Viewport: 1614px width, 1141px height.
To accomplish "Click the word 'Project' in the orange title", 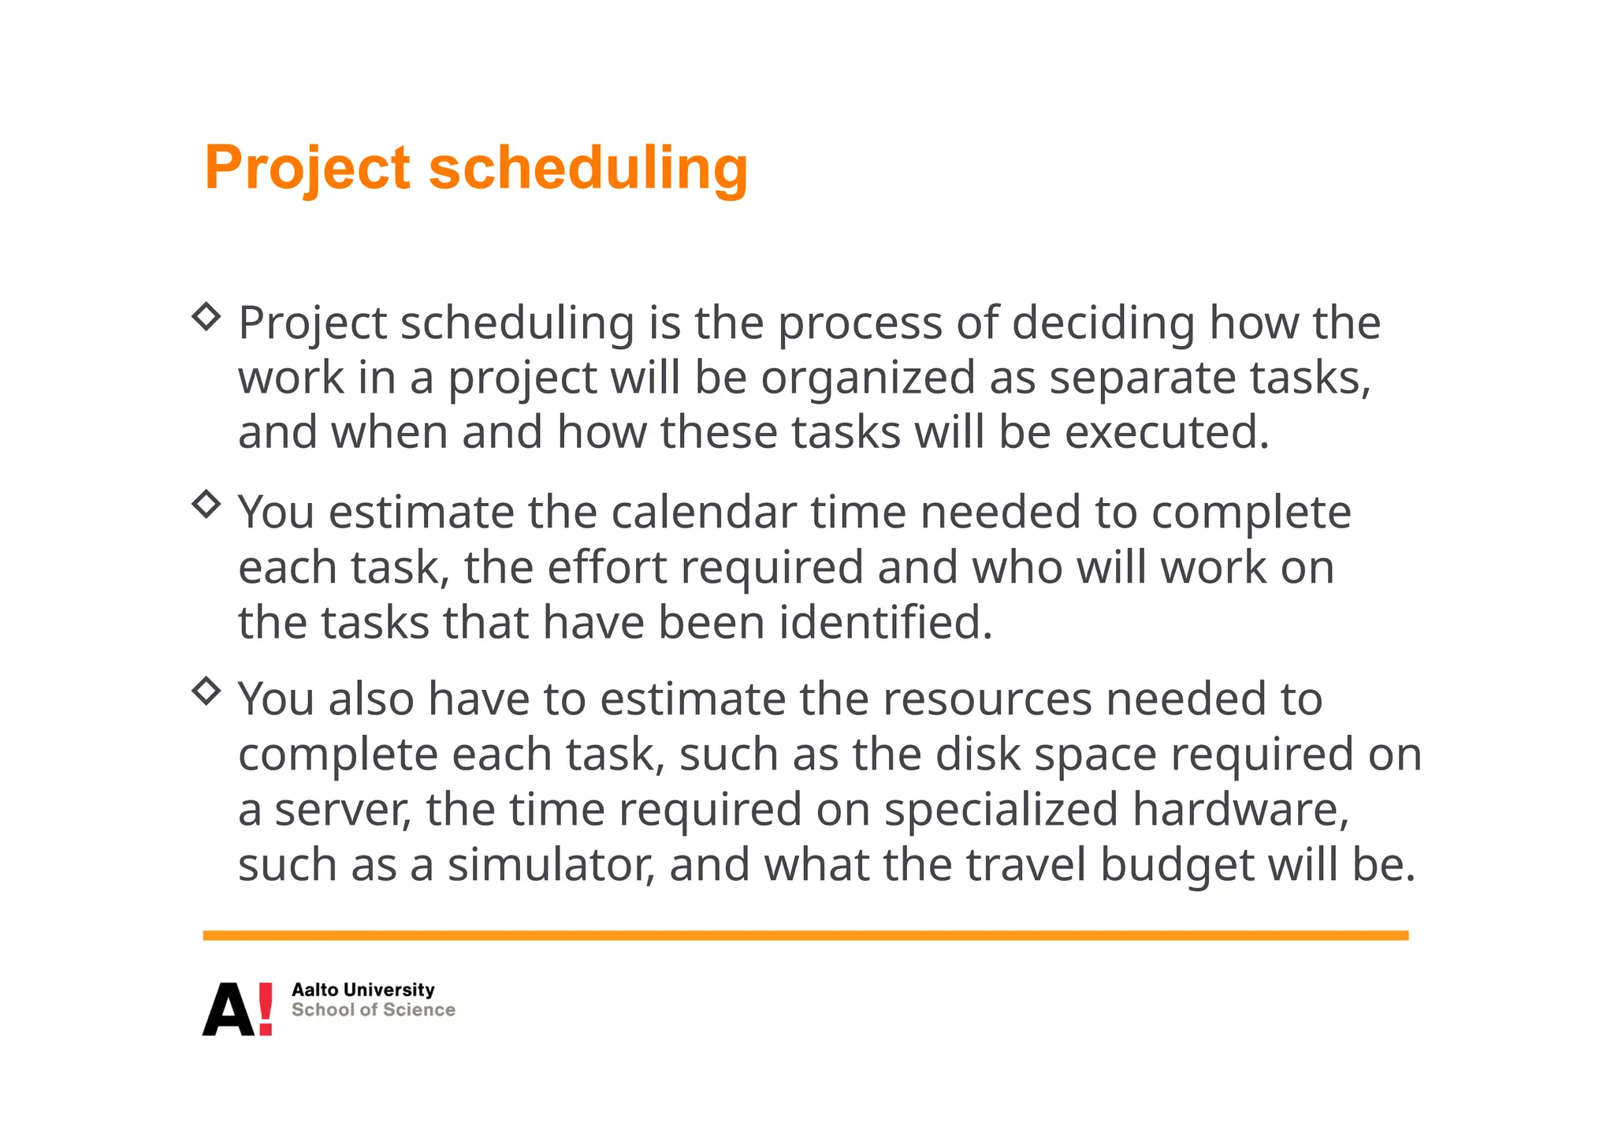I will click(307, 168).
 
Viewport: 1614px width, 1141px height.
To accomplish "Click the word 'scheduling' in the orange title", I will click(588, 168).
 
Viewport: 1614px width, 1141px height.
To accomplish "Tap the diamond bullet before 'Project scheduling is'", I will click(206, 317).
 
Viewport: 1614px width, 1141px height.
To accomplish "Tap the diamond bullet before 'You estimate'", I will click(206, 504).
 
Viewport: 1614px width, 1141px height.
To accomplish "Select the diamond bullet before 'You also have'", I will click(206, 691).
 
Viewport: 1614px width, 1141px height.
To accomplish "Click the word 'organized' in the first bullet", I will click(868, 378).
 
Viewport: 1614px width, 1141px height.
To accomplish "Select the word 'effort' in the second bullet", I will click(607, 568).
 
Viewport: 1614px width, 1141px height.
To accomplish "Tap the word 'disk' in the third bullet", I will click(977, 755).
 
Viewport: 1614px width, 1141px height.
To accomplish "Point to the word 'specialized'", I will click(1001, 810).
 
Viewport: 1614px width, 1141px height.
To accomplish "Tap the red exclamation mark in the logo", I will click(265, 1009).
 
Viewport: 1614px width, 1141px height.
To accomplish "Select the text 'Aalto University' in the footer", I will click(363, 990).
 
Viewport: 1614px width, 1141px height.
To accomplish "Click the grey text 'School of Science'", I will click(373, 1010).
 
